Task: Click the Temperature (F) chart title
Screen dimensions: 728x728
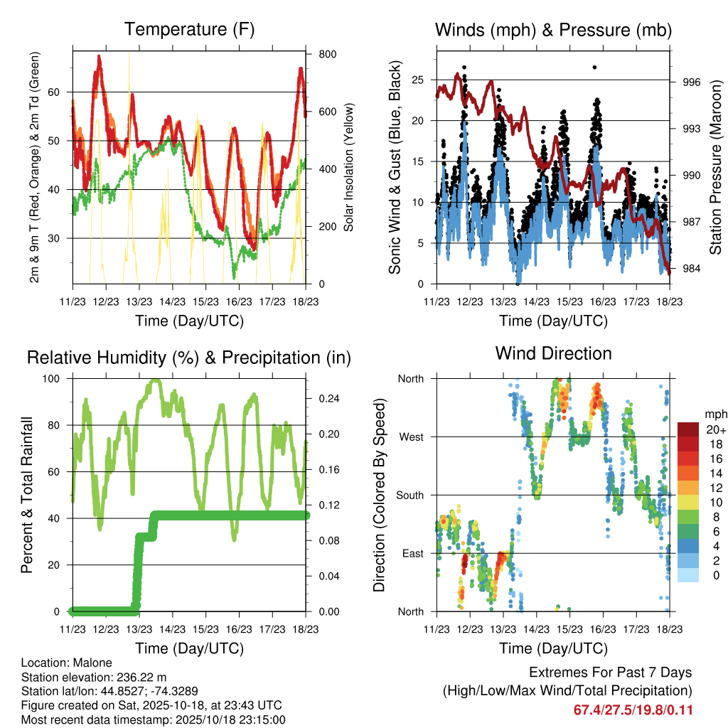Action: point(189,30)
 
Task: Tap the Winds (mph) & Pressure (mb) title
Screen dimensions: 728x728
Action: point(554,30)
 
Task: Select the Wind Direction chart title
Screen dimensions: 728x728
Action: point(554,353)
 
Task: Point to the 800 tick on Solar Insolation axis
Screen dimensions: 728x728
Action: point(328,54)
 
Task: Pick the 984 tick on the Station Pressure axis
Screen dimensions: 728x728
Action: point(692,269)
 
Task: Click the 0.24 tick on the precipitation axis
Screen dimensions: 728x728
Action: point(328,399)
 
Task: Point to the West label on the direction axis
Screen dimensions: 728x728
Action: point(410,437)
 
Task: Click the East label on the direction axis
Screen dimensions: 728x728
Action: point(411,554)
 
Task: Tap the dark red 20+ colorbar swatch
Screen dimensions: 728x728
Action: point(687,430)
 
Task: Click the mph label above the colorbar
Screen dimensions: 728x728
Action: point(714,414)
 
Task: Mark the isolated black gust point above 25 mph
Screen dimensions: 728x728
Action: point(595,68)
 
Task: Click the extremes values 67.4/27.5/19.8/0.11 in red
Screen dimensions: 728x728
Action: point(633,710)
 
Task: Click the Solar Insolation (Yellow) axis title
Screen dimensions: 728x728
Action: point(349,167)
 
